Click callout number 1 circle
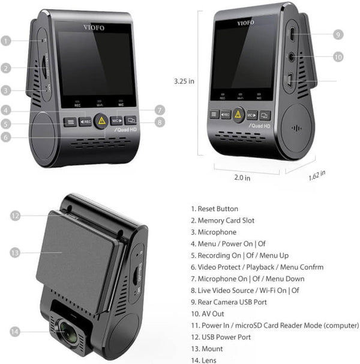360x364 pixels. point(6,41)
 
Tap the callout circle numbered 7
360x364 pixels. point(158,110)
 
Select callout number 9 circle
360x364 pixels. point(338,35)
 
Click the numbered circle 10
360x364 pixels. point(338,56)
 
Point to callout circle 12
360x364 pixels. point(16,216)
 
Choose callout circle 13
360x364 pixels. point(16,252)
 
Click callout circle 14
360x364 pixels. point(16,332)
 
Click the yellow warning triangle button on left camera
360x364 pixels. point(100,120)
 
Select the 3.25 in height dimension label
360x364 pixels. point(183,80)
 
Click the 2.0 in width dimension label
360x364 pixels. point(242,178)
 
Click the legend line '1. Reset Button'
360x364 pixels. point(214,208)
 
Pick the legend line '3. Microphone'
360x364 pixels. point(214,232)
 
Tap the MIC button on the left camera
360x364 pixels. point(118,121)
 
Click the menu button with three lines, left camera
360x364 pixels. point(70,121)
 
